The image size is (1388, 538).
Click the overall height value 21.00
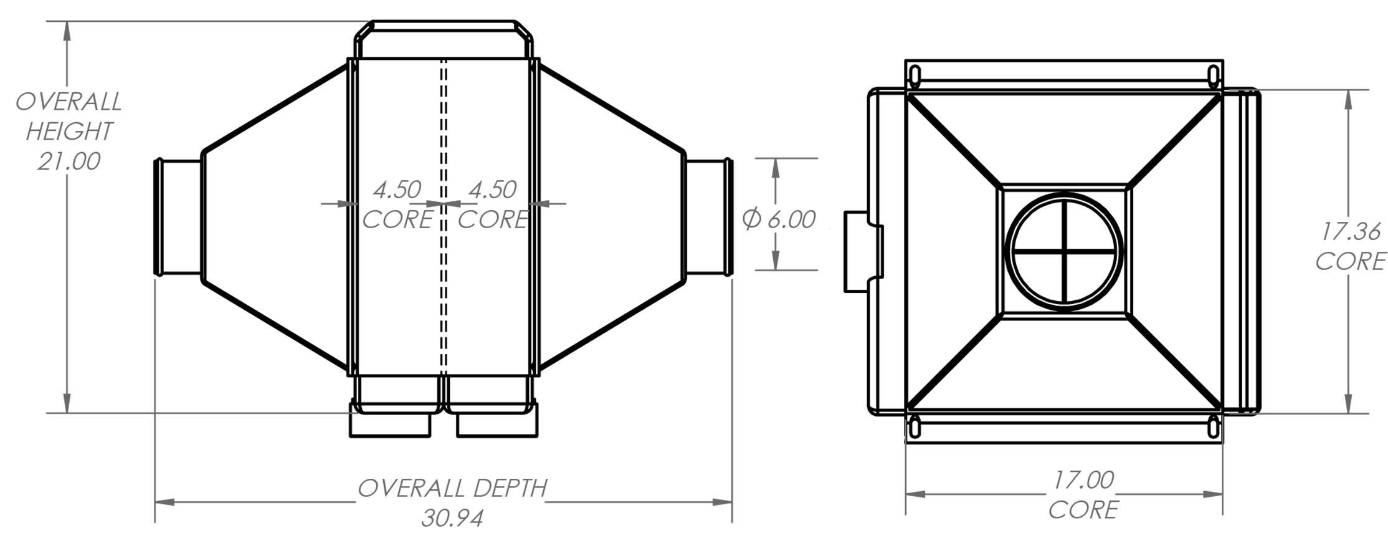(69, 161)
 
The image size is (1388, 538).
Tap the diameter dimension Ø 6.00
(779, 219)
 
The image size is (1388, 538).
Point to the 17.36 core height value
(1350, 231)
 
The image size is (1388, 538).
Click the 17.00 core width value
(1083, 479)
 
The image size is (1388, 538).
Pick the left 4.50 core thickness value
(397, 190)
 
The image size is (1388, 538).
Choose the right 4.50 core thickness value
(492, 190)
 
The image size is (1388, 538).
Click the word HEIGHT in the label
(69, 132)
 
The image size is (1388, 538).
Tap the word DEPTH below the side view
(510, 488)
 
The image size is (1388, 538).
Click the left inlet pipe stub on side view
(178, 217)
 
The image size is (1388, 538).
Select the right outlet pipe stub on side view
(709, 217)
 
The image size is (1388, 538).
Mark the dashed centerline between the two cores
(444, 281)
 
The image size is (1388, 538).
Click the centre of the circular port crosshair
(1064, 251)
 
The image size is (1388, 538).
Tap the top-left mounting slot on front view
(915, 76)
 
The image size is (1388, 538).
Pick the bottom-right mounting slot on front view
(1214, 428)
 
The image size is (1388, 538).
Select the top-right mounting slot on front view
(1214, 76)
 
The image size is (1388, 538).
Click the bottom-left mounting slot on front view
(915, 428)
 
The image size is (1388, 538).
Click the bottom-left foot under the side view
(390, 425)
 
